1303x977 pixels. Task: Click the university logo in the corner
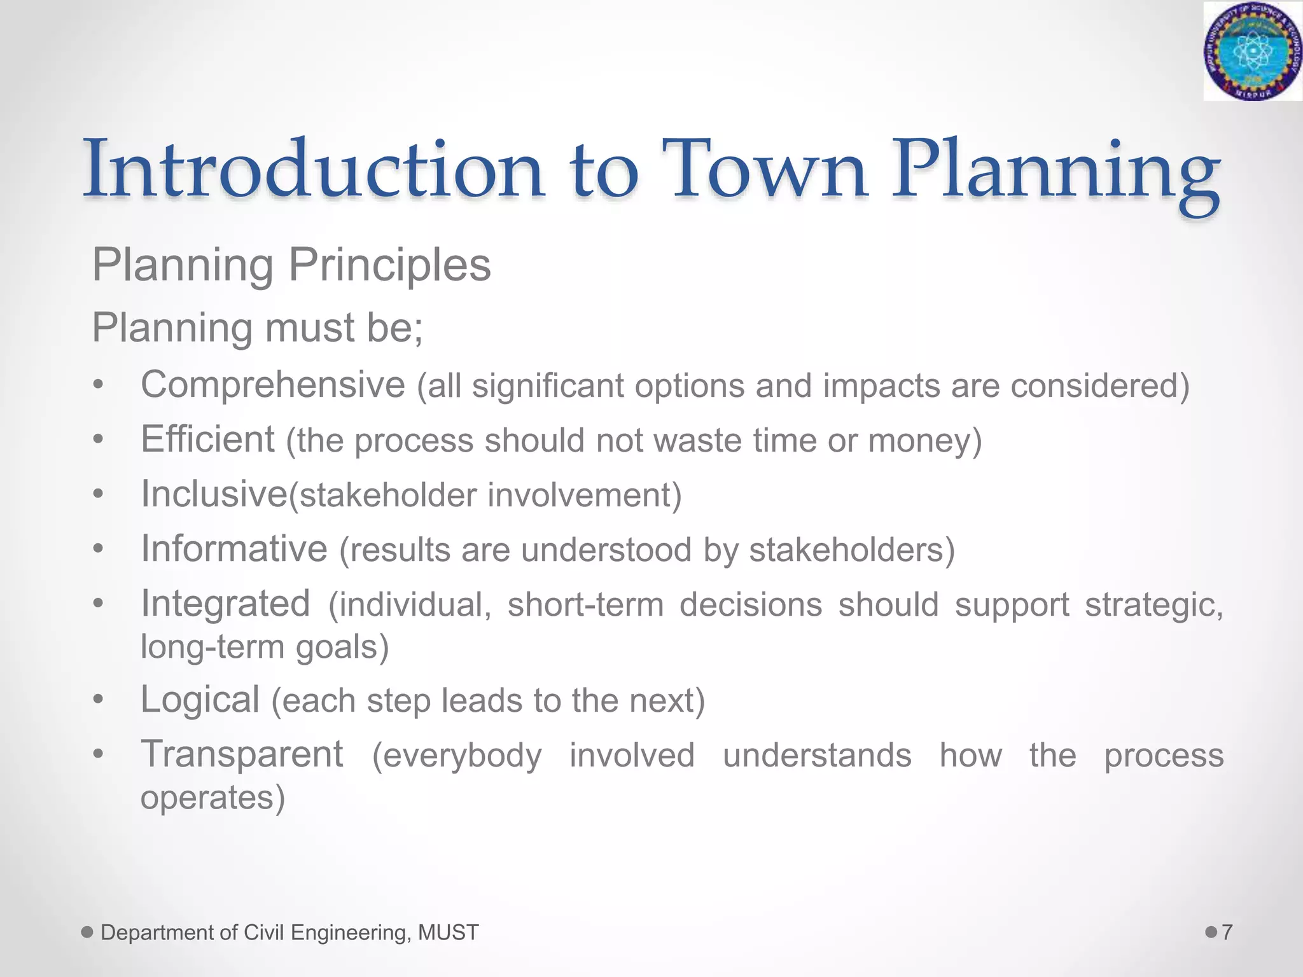point(1252,51)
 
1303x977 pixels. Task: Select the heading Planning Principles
point(291,265)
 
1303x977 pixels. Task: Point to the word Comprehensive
point(272,385)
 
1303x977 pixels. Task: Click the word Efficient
point(207,440)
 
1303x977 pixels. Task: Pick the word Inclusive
point(214,494)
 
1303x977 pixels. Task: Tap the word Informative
point(233,549)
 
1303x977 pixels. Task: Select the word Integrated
point(225,604)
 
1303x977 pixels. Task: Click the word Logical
point(200,700)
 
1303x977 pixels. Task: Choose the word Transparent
point(242,754)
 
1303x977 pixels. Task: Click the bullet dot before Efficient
point(97,440)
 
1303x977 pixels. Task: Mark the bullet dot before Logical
point(97,700)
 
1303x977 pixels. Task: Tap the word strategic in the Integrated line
point(1153,605)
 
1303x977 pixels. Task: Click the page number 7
point(1227,932)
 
